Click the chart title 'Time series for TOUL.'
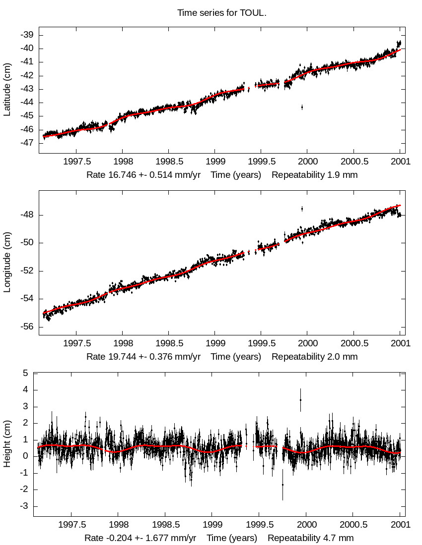(x=222, y=13)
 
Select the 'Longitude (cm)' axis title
(x=7, y=268)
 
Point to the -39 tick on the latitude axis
(x=27, y=35)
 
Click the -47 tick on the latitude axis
(x=27, y=143)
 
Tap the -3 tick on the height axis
(x=23, y=506)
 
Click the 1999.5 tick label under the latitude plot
(x=261, y=162)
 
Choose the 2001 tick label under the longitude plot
(x=400, y=343)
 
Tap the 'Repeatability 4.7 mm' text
(x=311, y=538)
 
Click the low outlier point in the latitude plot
(x=302, y=107)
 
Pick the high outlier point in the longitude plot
(x=302, y=209)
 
